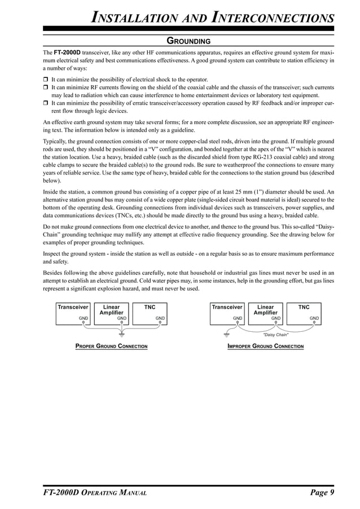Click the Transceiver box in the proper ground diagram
(x=73, y=313)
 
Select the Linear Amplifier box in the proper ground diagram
(x=111, y=313)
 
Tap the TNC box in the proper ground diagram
(x=150, y=313)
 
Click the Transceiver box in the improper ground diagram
(x=227, y=313)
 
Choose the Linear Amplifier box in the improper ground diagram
(x=265, y=313)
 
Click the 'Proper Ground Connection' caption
(x=111, y=346)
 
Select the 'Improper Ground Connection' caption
(x=265, y=346)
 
